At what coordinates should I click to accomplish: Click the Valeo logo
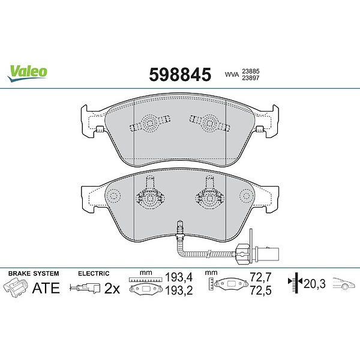pos(27,73)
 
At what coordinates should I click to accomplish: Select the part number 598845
pos(180,74)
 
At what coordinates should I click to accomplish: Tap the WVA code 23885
pos(251,71)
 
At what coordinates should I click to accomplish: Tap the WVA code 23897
pos(251,78)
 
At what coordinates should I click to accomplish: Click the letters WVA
pos(232,74)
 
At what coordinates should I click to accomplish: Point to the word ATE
pos(46,288)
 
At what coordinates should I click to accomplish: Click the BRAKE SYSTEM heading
pos(34,274)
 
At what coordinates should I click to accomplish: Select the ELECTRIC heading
pos(94,274)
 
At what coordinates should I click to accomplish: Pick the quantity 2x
pos(112,289)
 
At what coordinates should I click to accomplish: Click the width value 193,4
pos(179,277)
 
